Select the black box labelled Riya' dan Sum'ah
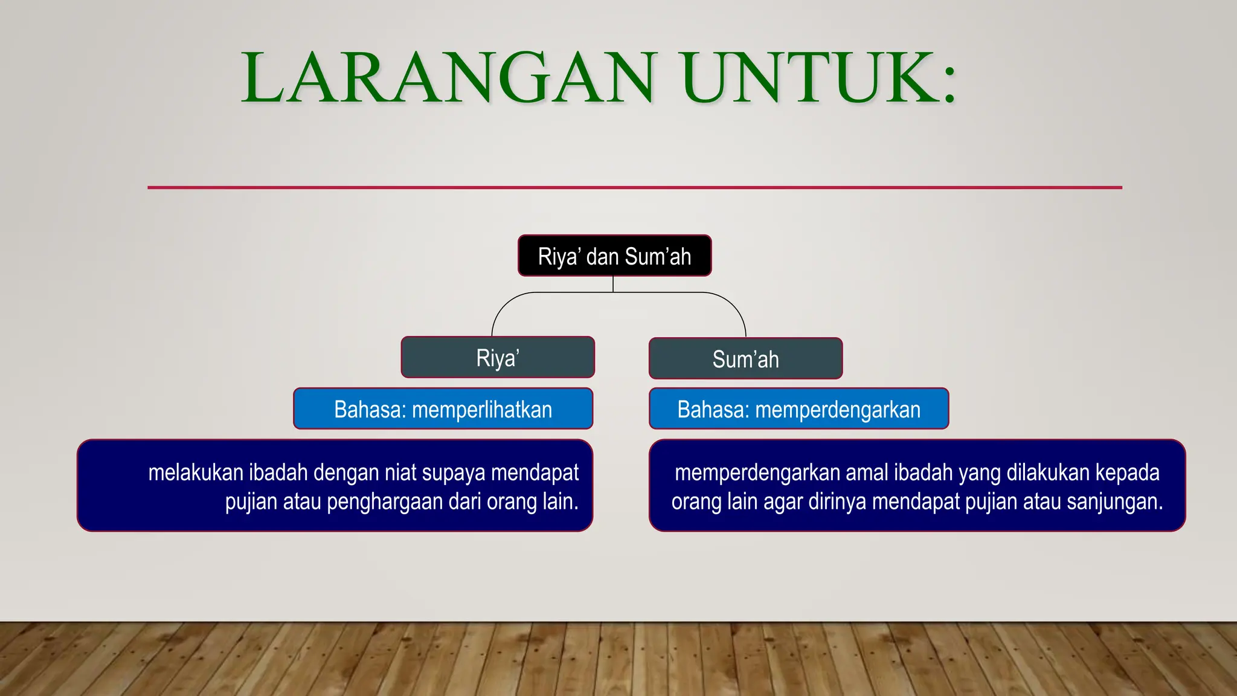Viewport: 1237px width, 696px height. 614,256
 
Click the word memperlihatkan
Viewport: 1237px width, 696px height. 481,410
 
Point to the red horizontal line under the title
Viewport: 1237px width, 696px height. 634,187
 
